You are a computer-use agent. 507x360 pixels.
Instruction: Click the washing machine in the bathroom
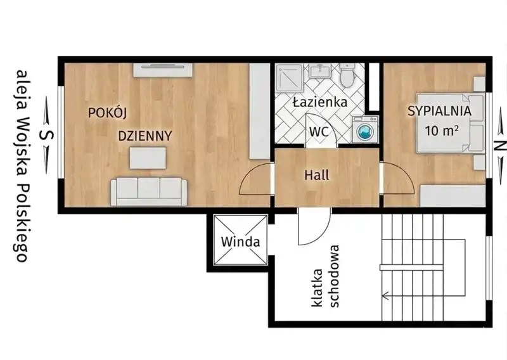pyautogui.click(x=365, y=129)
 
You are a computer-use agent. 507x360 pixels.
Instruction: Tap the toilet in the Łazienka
pyautogui.click(x=347, y=75)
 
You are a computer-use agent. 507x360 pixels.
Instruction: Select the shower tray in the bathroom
pyautogui.click(x=289, y=76)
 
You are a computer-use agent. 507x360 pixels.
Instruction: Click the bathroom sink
pyautogui.click(x=321, y=70)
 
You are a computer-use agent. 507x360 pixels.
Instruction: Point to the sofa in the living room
pyautogui.click(x=149, y=191)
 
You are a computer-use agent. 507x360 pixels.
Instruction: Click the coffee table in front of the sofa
pyautogui.click(x=148, y=158)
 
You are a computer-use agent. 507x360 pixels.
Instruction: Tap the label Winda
pyautogui.click(x=241, y=241)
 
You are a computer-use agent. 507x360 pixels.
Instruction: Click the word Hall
pyautogui.click(x=317, y=175)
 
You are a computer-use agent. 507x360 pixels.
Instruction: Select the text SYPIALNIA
pyautogui.click(x=439, y=111)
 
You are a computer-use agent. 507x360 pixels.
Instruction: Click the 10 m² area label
pyautogui.click(x=442, y=131)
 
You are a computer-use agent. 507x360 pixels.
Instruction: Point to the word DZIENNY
pyautogui.click(x=145, y=136)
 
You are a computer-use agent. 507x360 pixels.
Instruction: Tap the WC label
pyautogui.click(x=319, y=132)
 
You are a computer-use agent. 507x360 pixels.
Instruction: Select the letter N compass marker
pyautogui.click(x=501, y=146)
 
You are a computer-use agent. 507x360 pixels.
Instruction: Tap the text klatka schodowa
pyautogui.click(x=325, y=276)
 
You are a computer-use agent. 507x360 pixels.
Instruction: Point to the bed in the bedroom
pyautogui.click(x=451, y=123)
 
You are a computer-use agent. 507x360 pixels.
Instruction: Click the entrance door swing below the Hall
pyautogui.click(x=314, y=226)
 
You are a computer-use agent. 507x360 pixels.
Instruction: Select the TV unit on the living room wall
pyautogui.click(x=163, y=70)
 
